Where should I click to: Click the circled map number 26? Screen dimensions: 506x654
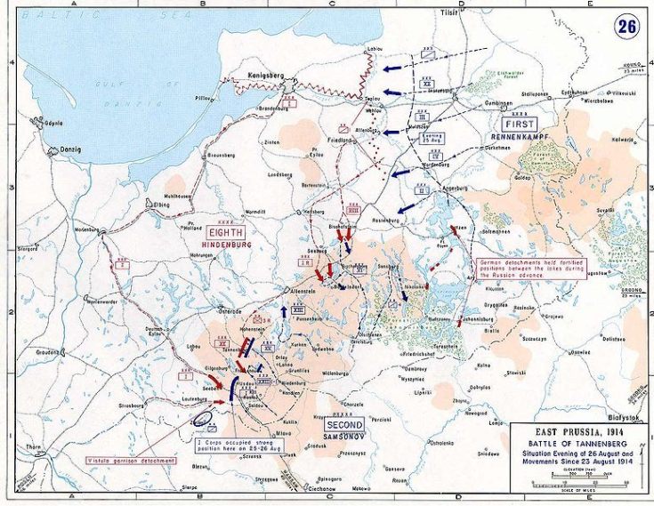tap(626, 26)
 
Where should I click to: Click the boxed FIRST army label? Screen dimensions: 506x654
tap(518, 124)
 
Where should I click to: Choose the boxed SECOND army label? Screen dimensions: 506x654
tap(344, 425)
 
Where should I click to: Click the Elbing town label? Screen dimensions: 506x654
tap(136, 205)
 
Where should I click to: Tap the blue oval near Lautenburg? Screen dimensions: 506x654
tap(202, 416)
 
